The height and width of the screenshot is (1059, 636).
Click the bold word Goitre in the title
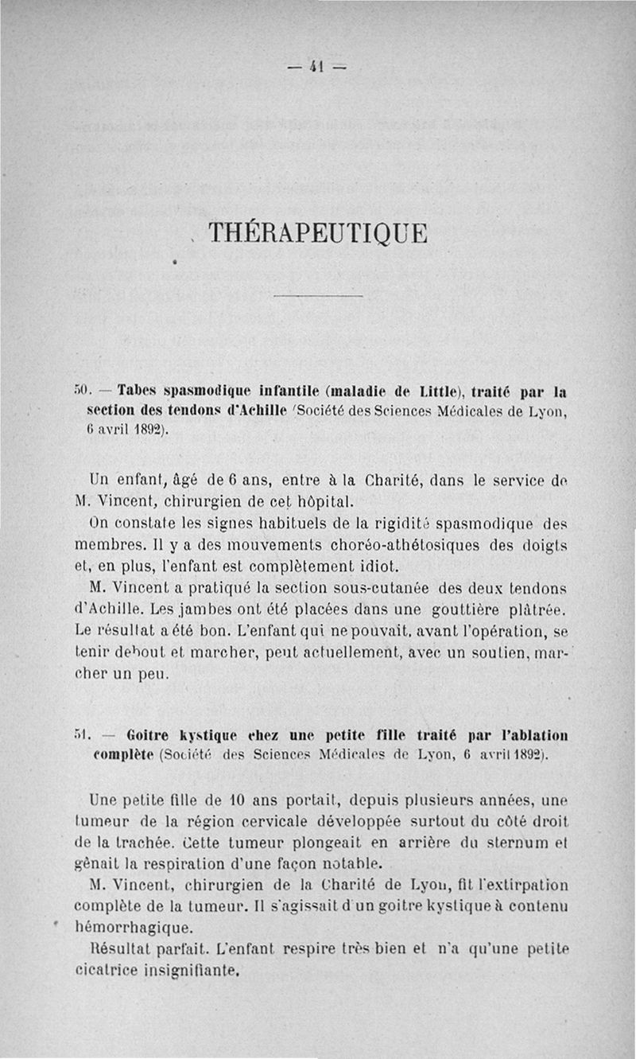pyautogui.click(x=151, y=734)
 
